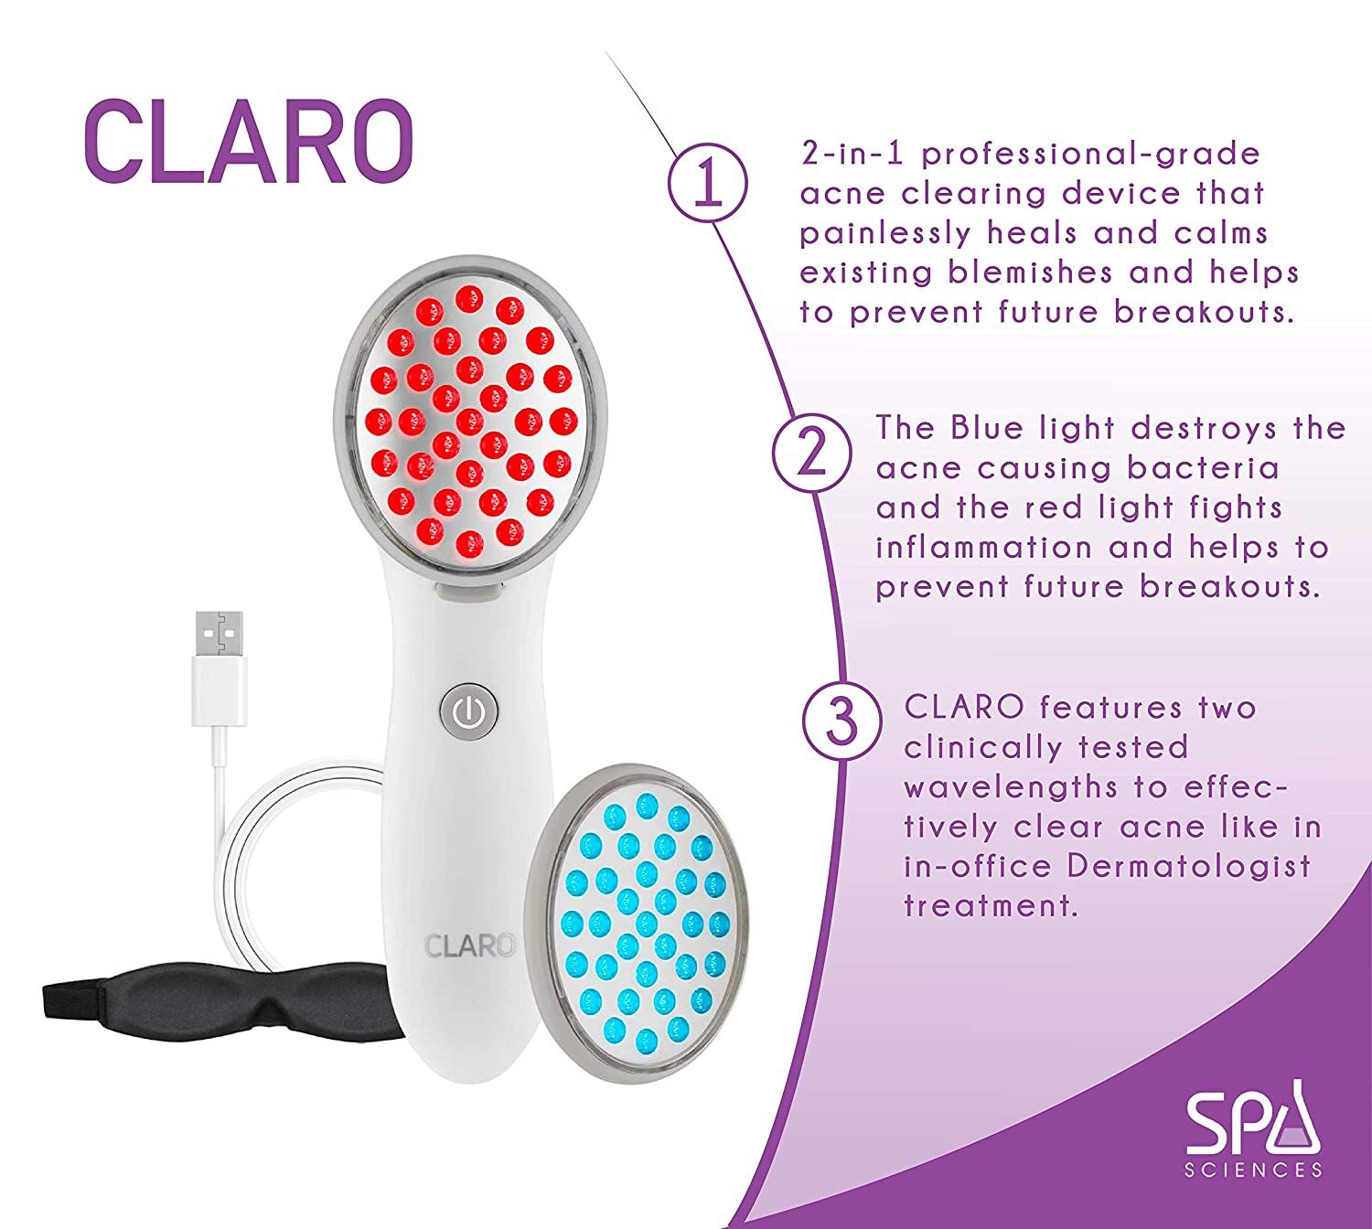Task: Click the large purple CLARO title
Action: pos(248,141)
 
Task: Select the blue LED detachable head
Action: pos(640,924)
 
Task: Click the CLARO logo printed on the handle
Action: pos(469,946)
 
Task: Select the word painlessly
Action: pos(884,234)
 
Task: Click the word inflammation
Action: pos(983,548)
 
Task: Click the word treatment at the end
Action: pos(991,906)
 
